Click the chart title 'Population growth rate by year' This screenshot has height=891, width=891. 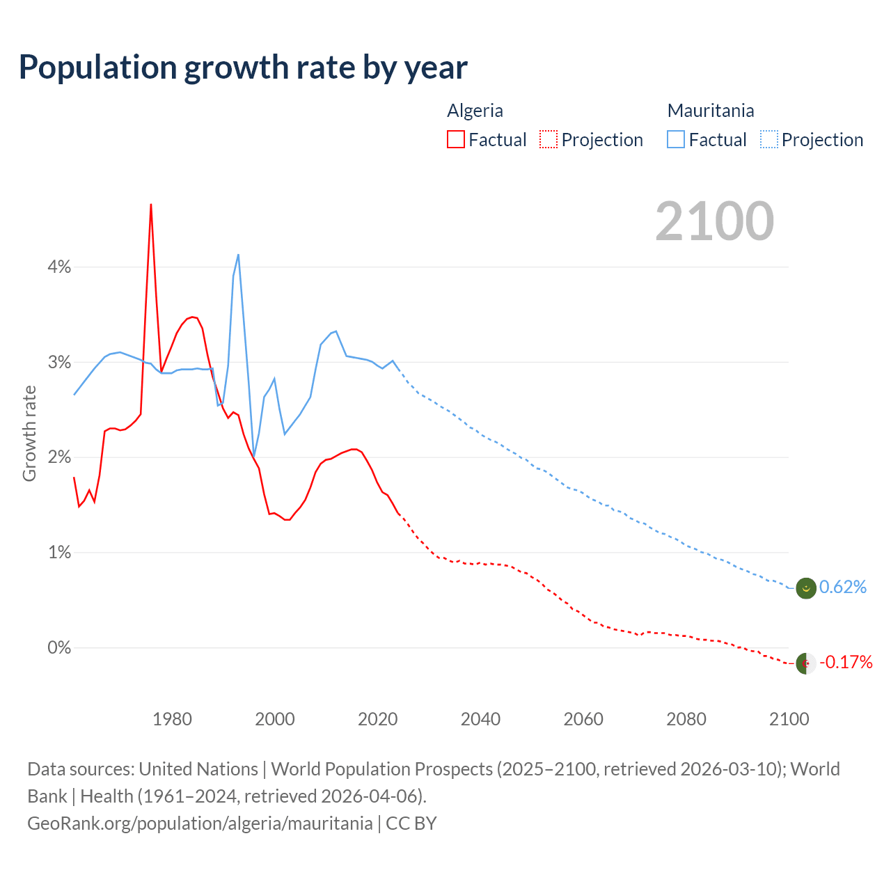[243, 68]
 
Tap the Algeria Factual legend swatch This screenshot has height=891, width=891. [456, 139]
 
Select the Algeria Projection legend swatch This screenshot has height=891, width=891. [549, 139]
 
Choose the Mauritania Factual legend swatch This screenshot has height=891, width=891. [676, 139]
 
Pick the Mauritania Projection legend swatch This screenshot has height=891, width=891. [768, 139]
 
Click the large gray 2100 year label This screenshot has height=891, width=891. [714, 221]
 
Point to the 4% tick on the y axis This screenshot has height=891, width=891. [59, 267]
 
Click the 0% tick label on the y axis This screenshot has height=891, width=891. [59, 647]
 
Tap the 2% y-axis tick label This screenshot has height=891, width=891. [59, 457]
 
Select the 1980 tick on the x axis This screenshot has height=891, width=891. [172, 719]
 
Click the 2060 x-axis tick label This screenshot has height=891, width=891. [583, 719]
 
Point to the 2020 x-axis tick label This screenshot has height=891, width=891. [377, 719]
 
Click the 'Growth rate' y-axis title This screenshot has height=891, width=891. [29, 433]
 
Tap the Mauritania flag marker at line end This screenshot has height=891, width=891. [806, 588]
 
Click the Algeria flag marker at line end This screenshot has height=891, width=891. [806, 663]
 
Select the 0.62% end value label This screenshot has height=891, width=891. [843, 588]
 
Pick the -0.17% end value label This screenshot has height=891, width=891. [846, 662]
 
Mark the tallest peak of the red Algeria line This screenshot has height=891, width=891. [151, 205]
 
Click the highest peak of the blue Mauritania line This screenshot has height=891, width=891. [239, 255]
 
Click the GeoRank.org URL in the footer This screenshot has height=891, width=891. [200, 823]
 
